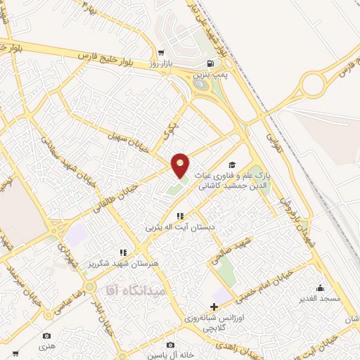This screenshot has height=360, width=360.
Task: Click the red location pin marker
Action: [x=181, y=165]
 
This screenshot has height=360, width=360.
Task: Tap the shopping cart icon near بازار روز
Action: [x=161, y=52]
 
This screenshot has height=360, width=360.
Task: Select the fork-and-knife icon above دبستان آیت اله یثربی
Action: [x=180, y=216]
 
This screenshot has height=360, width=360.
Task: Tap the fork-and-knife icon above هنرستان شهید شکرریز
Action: [x=123, y=252]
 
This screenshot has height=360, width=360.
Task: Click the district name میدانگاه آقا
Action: [x=134, y=289]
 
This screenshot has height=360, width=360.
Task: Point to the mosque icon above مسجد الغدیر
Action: [x=321, y=287]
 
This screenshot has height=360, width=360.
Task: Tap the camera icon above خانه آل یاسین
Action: [x=170, y=345]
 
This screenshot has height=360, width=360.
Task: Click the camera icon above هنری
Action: [x=47, y=336]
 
